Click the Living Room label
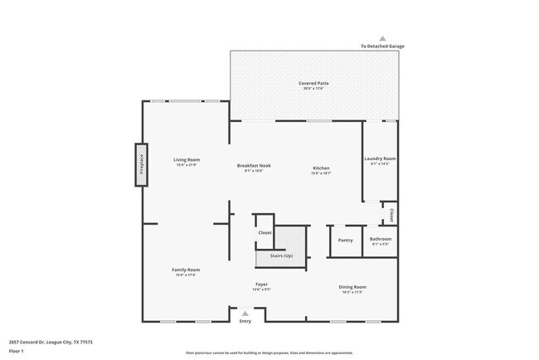(x=187, y=160)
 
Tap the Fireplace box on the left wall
(x=141, y=167)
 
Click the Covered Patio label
(x=314, y=83)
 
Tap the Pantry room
(x=346, y=241)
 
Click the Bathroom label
(x=381, y=240)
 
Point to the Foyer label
(x=261, y=285)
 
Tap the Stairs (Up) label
(x=281, y=255)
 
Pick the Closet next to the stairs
(x=265, y=233)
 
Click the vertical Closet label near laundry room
(x=391, y=214)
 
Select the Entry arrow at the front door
(x=245, y=314)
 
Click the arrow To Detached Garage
(x=382, y=38)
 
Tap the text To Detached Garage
(x=382, y=46)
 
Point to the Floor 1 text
(x=17, y=351)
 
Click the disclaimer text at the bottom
(x=269, y=352)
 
